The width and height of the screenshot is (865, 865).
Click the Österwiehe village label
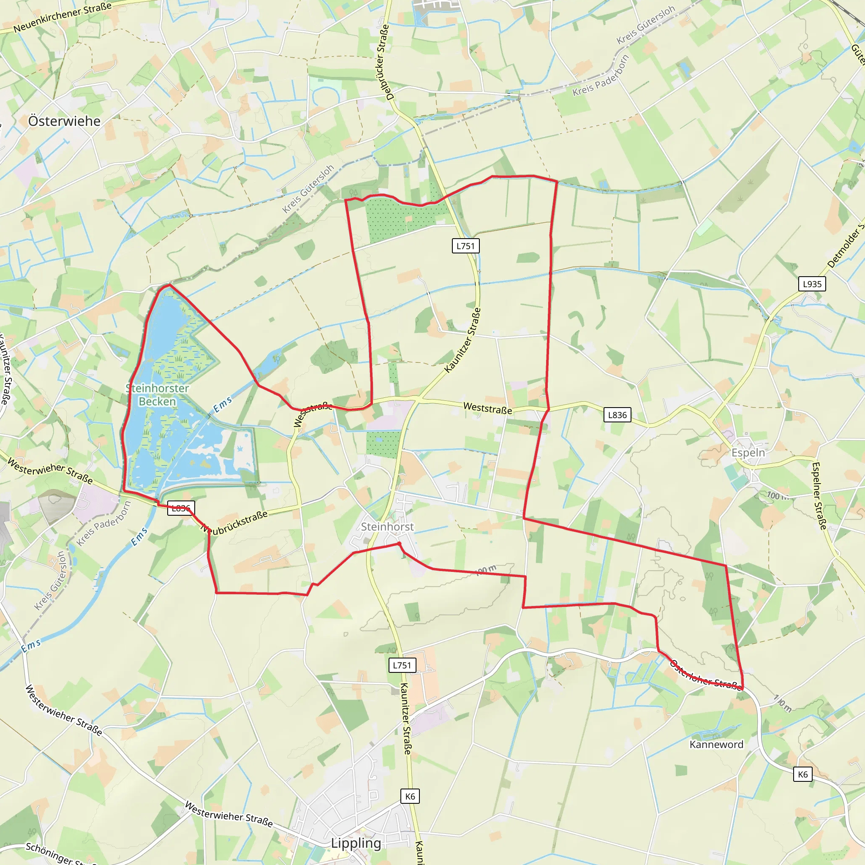64,121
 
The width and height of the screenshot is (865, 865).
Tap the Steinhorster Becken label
157,394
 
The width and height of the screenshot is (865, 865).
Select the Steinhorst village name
387,527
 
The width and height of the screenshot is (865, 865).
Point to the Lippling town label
356,843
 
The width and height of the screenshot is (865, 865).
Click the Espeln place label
748,452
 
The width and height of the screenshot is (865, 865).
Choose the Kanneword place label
716,745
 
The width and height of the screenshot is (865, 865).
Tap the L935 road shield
812,284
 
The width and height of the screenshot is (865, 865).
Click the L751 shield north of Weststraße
465,246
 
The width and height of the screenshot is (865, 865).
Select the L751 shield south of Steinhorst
402,665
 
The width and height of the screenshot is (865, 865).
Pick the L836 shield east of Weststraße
617,415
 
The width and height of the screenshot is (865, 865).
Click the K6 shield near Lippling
410,797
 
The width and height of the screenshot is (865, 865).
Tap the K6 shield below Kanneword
803,775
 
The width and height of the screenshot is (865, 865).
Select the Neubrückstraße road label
234,522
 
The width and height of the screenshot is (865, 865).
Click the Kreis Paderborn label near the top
601,75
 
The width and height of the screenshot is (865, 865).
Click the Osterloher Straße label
705,676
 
